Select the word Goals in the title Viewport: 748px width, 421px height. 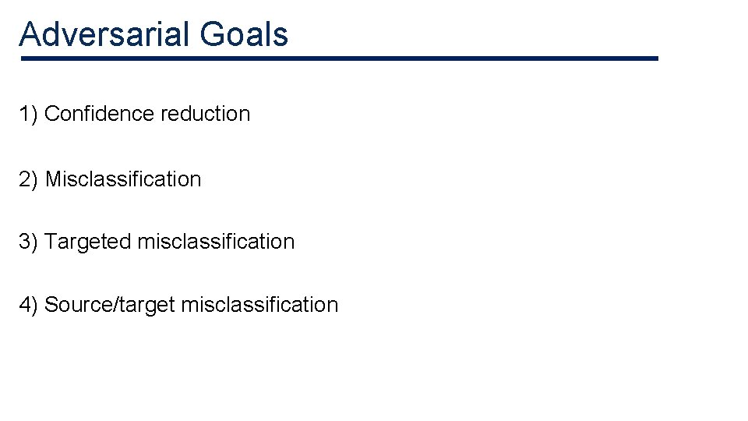point(243,34)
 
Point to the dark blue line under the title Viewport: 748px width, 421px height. point(339,58)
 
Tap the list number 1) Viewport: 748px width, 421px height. point(29,114)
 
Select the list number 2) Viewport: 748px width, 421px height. point(29,179)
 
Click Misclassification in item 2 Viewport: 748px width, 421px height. point(123,179)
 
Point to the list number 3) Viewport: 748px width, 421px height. point(29,242)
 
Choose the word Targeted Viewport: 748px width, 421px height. point(88,242)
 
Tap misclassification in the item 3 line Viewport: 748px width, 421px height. point(216,242)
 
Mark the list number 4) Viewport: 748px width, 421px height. point(29,305)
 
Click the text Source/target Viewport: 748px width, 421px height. point(109,305)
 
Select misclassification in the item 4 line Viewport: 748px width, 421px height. point(259,305)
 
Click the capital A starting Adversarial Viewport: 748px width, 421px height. point(30,34)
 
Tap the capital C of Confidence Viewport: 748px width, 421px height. point(52,114)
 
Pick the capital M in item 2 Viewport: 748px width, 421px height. point(53,179)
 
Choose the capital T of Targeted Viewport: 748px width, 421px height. point(51,242)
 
